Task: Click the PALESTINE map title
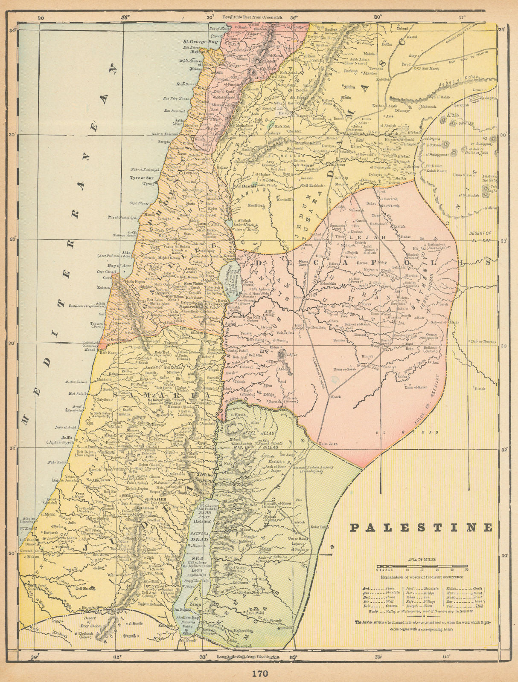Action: [421, 527]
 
